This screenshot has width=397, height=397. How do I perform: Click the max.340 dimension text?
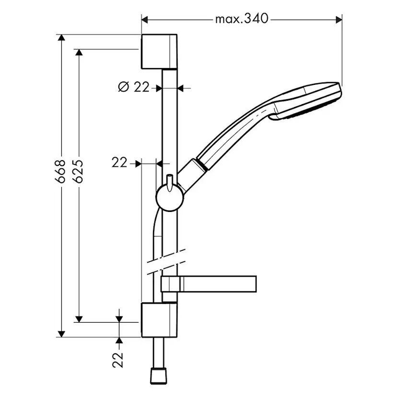242,19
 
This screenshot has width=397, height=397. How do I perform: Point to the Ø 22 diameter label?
133,87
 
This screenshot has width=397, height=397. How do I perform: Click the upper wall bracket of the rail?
160,52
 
